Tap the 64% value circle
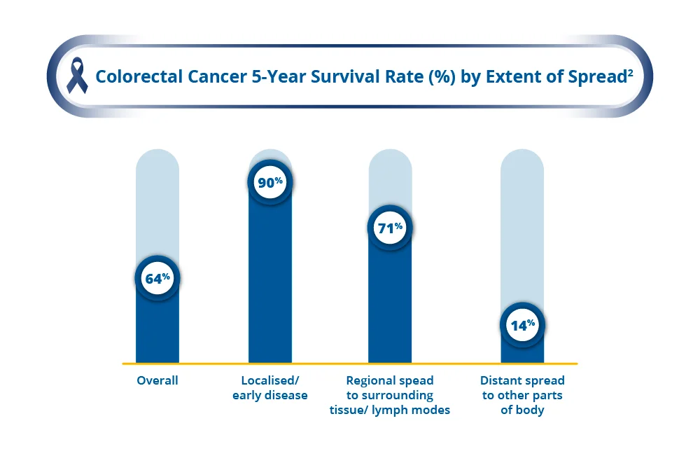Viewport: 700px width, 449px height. coord(157,278)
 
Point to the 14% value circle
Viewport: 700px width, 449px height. coord(522,324)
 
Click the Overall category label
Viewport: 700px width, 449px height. coord(157,381)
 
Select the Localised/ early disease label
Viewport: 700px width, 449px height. coord(270,388)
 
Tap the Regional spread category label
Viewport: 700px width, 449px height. coord(390,395)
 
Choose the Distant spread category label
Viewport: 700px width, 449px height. coord(522,395)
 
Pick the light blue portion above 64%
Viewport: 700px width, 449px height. coord(157,203)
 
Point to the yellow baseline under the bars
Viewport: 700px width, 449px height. coord(350,364)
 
